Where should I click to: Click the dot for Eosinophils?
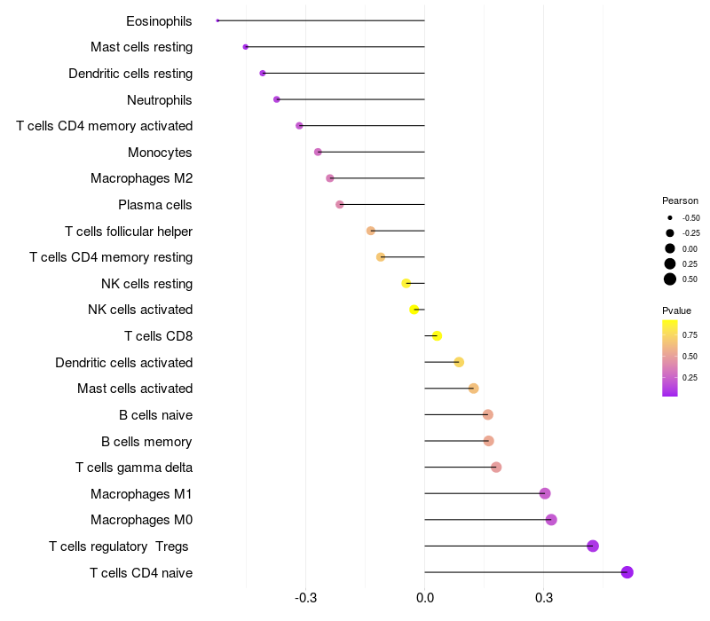pyautogui.click(x=217, y=20)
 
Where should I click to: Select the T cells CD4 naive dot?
pyautogui.click(x=627, y=572)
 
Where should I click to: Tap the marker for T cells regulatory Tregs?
pyautogui.click(x=593, y=546)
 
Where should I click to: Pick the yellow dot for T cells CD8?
pyautogui.click(x=437, y=335)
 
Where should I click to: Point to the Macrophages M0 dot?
pyautogui.click(x=551, y=520)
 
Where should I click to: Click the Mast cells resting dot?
pyautogui.click(x=246, y=46)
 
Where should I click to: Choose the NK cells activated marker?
pyautogui.click(x=414, y=310)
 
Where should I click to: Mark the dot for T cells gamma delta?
pyautogui.click(x=496, y=468)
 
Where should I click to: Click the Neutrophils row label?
pyautogui.click(x=160, y=100)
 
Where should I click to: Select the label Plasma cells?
pyautogui.click(x=155, y=205)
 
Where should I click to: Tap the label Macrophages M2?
pyautogui.click(x=142, y=178)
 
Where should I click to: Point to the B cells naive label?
pyautogui.click(x=156, y=415)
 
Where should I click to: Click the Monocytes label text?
pyautogui.click(x=160, y=153)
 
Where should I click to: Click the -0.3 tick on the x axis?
pyautogui.click(x=306, y=598)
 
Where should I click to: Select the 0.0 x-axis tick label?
pyautogui.click(x=425, y=598)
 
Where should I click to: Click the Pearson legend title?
pyautogui.click(x=680, y=200)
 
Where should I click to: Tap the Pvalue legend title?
pyautogui.click(x=676, y=310)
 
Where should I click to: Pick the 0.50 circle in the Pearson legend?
pyautogui.click(x=670, y=279)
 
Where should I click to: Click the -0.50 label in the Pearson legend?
pyautogui.click(x=690, y=218)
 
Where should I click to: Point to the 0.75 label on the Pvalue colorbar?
pyautogui.click(x=690, y=334)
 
